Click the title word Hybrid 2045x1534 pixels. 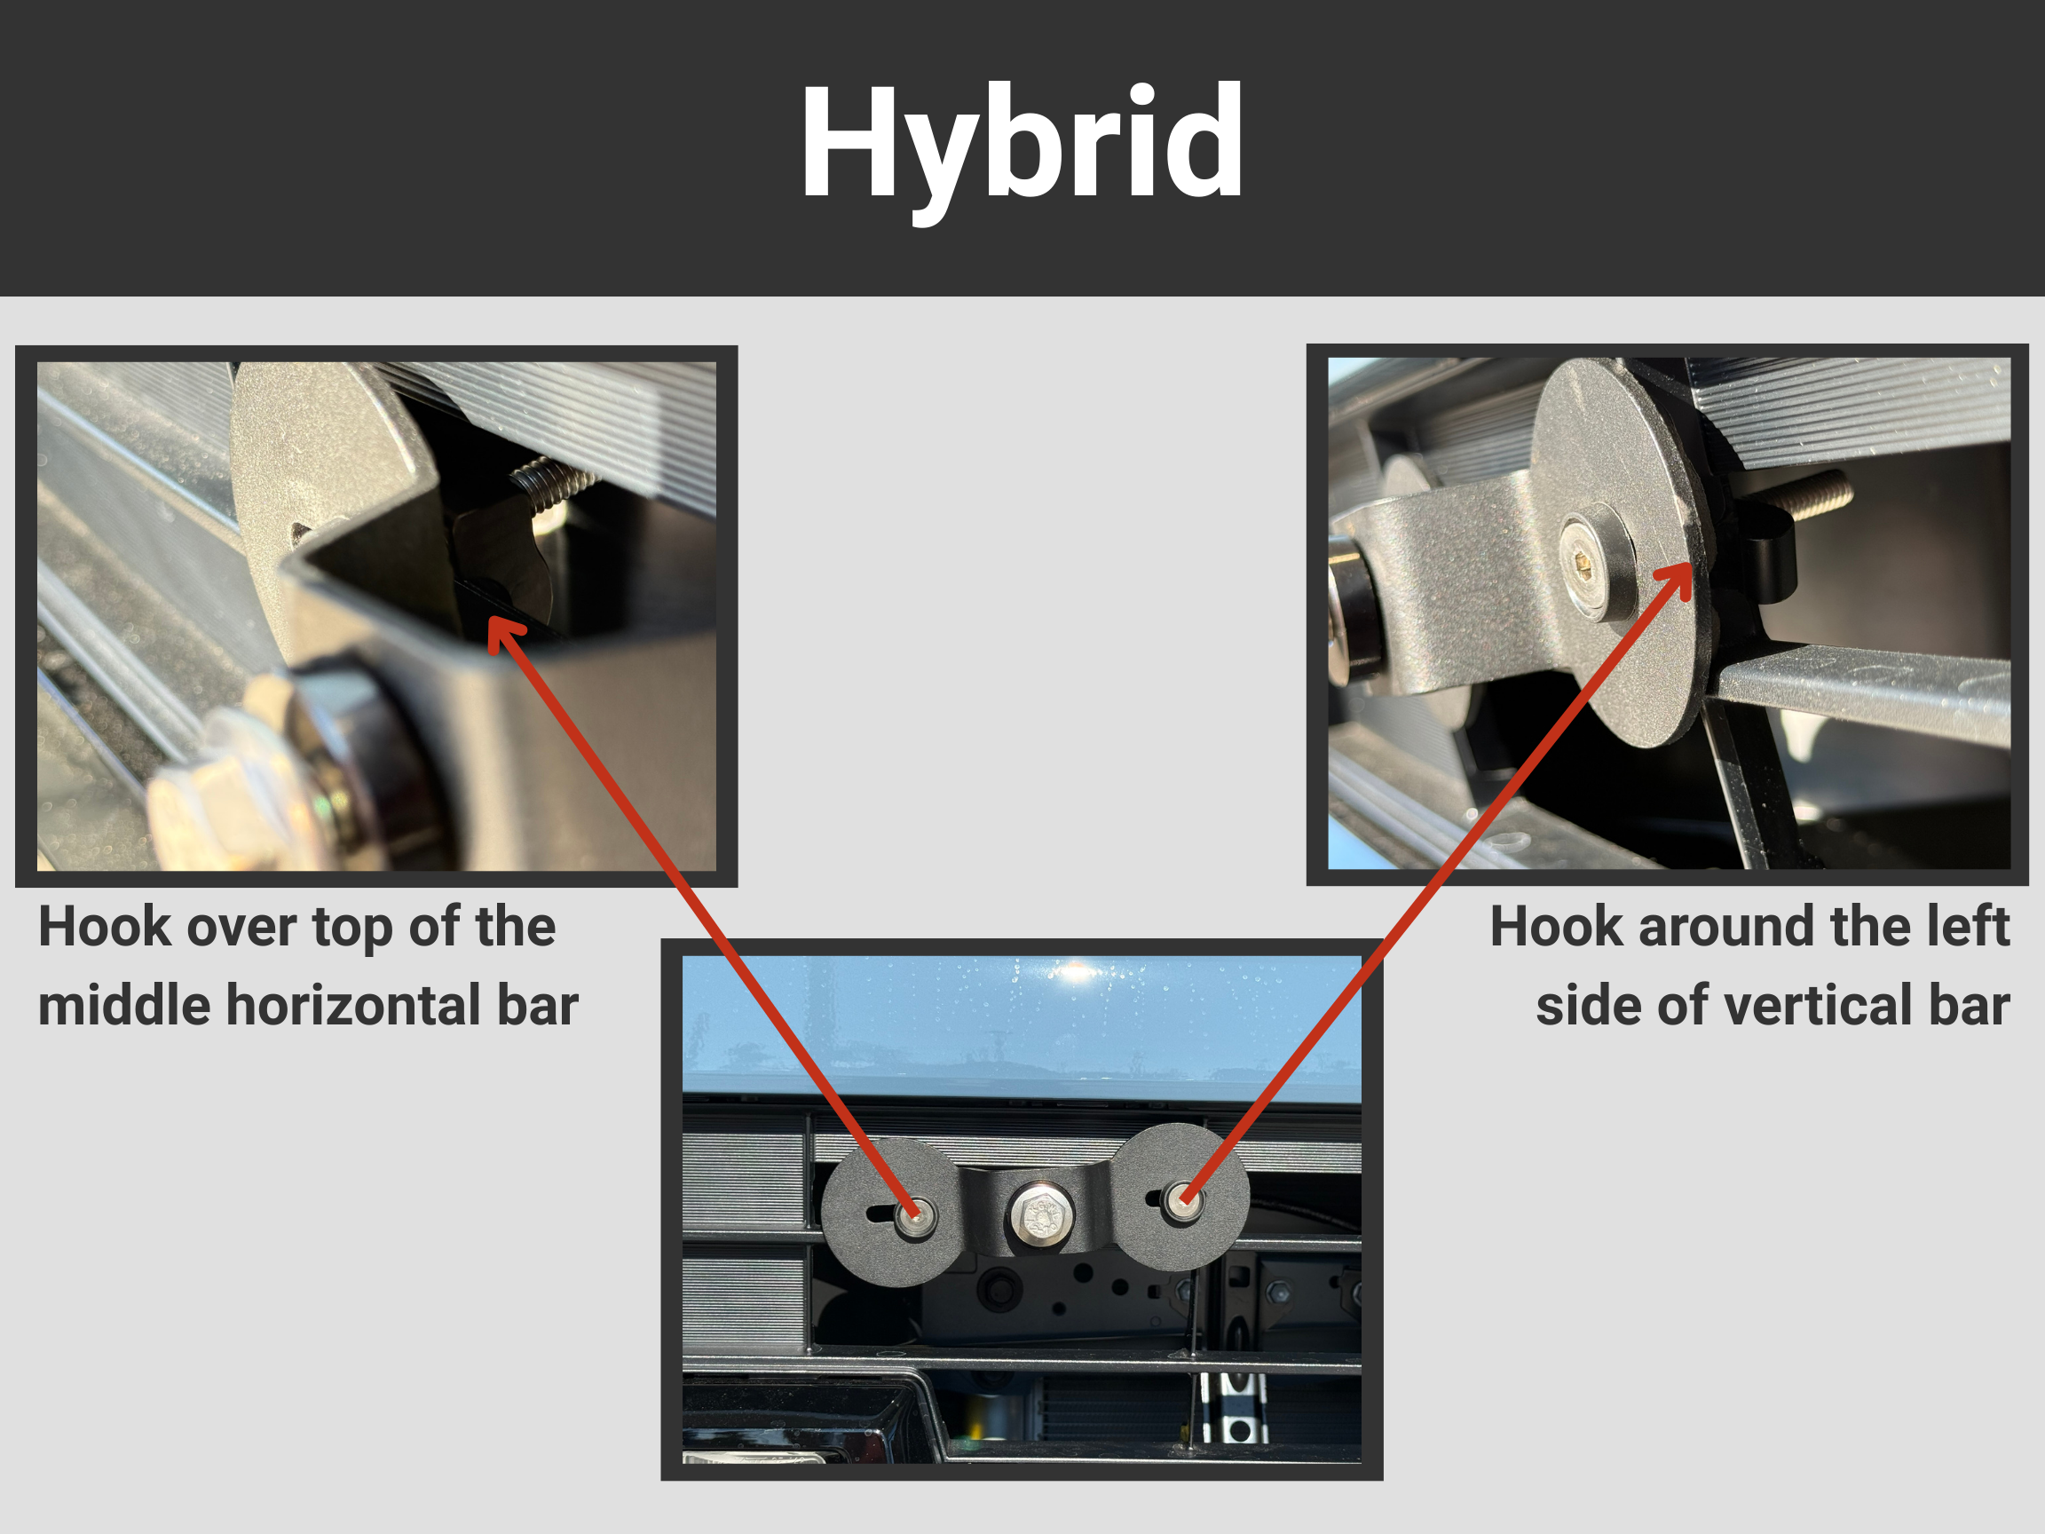coord(1021,143)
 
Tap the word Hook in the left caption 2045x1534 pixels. coord(104,927)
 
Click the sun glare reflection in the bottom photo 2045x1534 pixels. coord(1075,971)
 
